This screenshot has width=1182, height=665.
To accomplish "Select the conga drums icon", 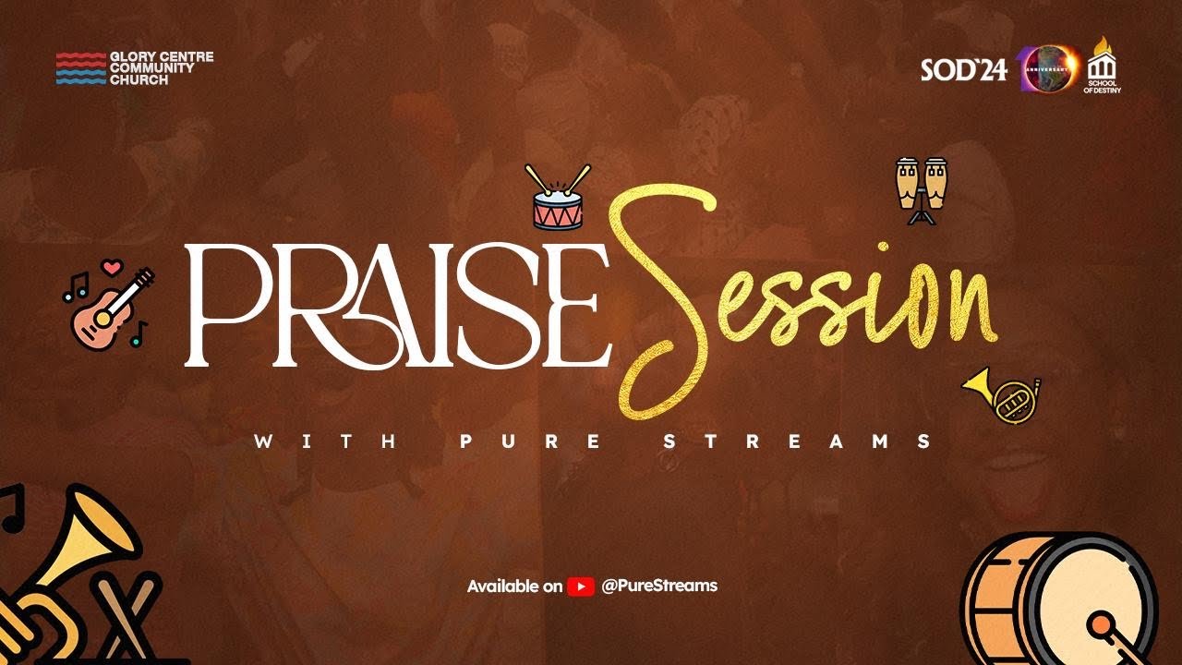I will [x=922, y=190].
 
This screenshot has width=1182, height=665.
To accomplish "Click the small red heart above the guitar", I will [x=112, y=268].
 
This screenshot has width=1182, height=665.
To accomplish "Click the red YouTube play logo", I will [x=580, y=586].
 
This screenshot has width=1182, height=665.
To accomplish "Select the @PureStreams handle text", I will [x=658, y=586].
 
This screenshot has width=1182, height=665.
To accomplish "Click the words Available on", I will [x=514, y=586].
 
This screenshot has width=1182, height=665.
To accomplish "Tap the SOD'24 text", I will [x=963, y=71].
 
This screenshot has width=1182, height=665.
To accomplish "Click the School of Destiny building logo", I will [x=1103, y=66].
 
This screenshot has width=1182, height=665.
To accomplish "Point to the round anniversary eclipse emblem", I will [x=1048, y=68].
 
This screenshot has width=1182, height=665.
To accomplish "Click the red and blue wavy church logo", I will [x=80, y=68].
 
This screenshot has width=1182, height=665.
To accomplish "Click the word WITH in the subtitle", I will [x=325, y=441].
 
